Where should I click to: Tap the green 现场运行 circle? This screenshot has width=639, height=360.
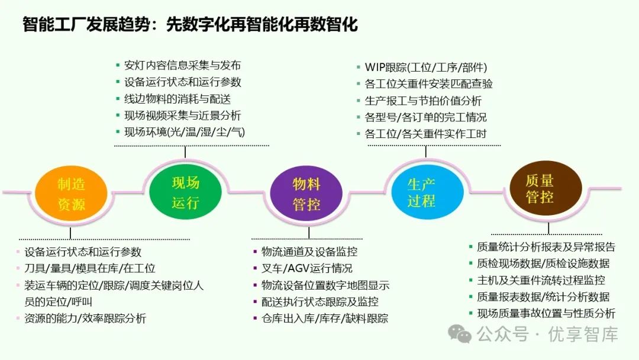(x=185, y=192)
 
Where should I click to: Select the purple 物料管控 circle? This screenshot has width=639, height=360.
(x=306, y=194)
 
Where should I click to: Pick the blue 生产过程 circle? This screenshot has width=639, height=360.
(x=421, y=192)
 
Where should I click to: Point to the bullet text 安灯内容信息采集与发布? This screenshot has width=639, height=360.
(x=182, y=66)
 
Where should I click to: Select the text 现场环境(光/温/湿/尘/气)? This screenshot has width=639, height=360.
(x=184, y=132)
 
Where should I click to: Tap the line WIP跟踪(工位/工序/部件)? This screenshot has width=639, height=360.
(x=425, y=67)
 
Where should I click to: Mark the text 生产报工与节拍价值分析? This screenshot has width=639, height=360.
(x=423, y=101)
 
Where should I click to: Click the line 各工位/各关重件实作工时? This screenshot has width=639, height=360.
(x=425, y=134)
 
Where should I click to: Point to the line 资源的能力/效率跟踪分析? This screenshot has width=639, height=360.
(x=85, y=319)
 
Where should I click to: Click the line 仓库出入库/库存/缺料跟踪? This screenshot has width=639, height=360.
(x=325, y=319)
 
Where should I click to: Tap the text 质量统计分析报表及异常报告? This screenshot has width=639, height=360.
(x=546, y=247)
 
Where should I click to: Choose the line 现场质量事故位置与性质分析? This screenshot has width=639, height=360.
(x=546, y=313)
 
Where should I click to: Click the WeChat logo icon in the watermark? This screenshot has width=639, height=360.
(x=460, y=335)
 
